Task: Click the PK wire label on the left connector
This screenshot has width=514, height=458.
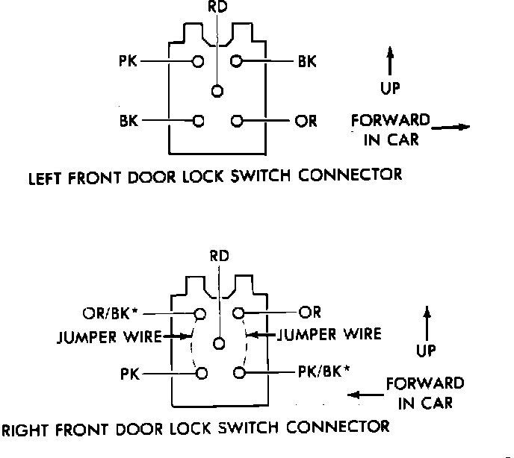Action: pyautogui.click(x=128, y=61)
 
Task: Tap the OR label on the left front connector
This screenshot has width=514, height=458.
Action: pyautogui.click(x=306, y=121)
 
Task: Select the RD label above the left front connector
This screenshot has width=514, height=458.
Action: pyautogui.click(x=217, y=7)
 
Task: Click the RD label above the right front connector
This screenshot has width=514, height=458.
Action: pyautogui.click(x=220, y=256)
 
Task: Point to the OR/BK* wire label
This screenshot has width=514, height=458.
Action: pyautogui.click(x=110, y=313)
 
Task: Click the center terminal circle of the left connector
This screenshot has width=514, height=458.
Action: pyautogui.click(x=217, y=91)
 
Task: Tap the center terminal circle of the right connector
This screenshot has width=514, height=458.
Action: pyautogui.click(x=219, y=344)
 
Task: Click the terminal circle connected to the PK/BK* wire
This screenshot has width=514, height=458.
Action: pyautogui.click(x=239, y=372)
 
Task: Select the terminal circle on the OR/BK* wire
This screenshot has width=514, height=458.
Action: pyautogui.click(x=200, y=314)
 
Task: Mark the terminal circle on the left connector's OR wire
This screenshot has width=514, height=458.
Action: pyautogui.click(x=237, y=121)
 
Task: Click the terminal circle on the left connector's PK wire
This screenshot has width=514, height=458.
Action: pyautogui.click(x=198, y=61)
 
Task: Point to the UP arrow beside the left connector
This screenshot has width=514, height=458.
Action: pyautogui.click(x=390, y=61)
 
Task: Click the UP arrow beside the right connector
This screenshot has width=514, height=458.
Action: pyautogui.click(x=427, y=324)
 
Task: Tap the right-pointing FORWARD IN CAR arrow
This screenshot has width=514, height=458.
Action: pyautogui.click(x=450, y=127)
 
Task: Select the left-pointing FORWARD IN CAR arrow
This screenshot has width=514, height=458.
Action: pyautogui.click(x=365, y=395)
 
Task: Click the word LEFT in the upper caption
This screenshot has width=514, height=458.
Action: pyautogui.click(x=45, y=178)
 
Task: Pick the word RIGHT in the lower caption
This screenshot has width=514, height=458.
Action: pyautogui.click(x=25, y=430)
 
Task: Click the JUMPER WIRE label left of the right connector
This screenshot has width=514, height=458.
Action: pyautogui.click(x=110, y=337)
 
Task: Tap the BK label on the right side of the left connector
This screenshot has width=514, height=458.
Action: pyautogui.click(x=307, y=61)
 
